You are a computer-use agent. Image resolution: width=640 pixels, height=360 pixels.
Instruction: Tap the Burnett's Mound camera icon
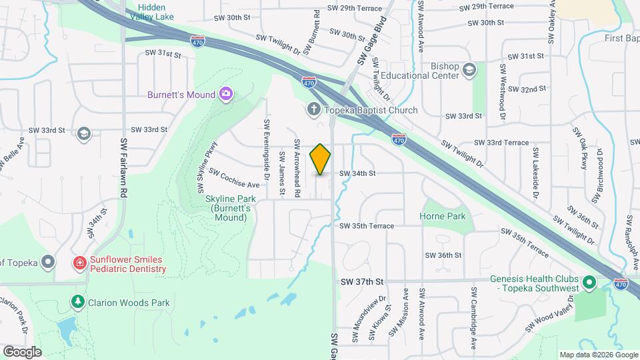click(x=226, y=94)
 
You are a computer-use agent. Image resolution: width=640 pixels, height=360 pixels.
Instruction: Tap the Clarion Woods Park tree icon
click(x=78, y=303)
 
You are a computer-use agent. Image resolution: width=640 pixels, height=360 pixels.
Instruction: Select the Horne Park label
click(x=443, y=216)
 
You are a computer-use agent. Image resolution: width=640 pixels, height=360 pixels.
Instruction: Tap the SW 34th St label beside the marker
click(x=358, y=173)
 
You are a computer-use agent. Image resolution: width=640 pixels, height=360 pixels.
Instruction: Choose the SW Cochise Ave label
click(x=234, y=178)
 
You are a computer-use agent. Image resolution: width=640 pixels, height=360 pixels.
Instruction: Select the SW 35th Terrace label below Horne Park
click(x=367, y=226)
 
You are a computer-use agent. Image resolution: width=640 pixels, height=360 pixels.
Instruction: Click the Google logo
click(x=22, y=351)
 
